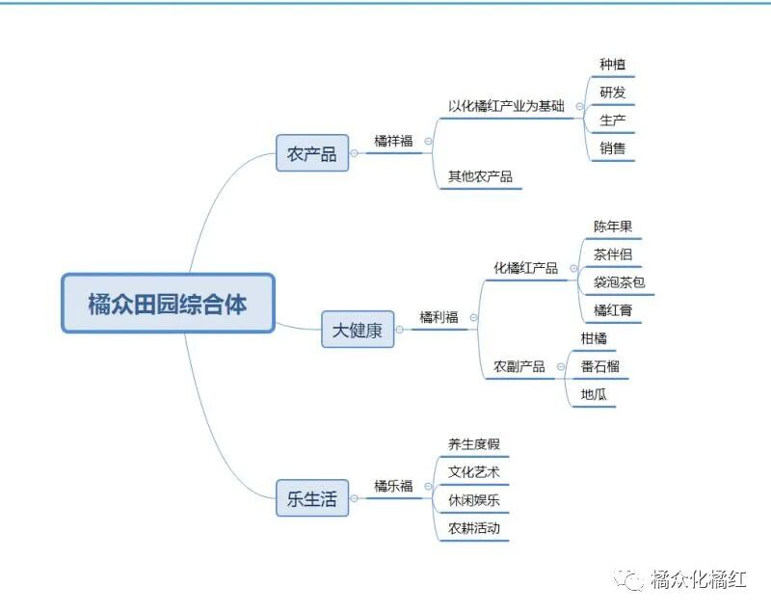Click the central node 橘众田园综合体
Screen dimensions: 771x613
[x=168, y=305]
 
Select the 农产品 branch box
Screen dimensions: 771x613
[x=311, y=153]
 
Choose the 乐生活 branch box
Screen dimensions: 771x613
[x=311, y=498]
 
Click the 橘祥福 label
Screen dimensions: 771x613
[x=393, y=141]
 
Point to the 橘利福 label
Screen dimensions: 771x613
[x=439, y=317]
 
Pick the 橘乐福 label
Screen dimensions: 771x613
[x=393, y=486]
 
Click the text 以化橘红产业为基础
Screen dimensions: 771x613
[x=506, y=106]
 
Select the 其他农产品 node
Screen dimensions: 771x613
[x=480, y=176]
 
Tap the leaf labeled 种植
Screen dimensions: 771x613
[x=613, y=65]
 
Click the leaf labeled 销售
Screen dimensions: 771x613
[x=613, y=148]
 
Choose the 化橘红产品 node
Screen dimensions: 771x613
[x=525, y=268]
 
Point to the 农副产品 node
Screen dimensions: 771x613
[x=519, y=366]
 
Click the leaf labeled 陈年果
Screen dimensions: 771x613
[x=613, y=227]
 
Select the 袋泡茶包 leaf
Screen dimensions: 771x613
[x=619, y=283]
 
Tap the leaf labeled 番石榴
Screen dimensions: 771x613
[x=599, y=366]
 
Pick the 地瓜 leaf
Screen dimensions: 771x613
[x=594, y=394]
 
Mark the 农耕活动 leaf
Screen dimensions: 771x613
[x=474, y=528]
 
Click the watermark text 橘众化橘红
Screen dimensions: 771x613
[x=699, y=579]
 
